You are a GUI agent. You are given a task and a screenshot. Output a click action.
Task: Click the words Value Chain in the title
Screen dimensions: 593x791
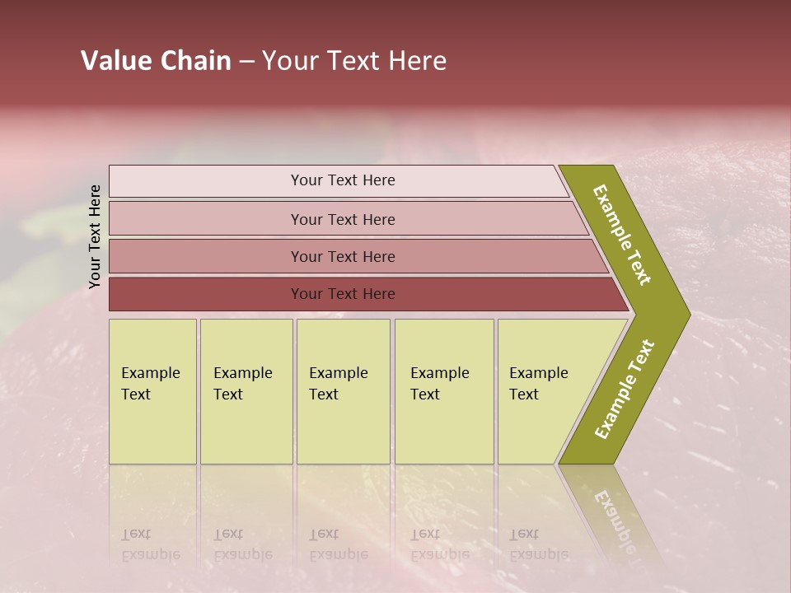point(156,61)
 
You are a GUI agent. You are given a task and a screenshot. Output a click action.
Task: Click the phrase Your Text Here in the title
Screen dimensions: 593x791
point(354,61)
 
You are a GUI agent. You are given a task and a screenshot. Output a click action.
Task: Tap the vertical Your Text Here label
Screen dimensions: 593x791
point(95,236)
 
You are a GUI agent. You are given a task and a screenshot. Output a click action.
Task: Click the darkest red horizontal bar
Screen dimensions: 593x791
point(206,294)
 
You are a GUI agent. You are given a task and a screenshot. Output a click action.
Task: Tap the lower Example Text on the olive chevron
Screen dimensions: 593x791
point(625,389)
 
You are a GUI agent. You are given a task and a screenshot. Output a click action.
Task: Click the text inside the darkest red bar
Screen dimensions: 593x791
point(343,294)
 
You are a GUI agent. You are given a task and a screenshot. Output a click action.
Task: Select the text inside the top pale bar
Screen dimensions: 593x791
point(343,180)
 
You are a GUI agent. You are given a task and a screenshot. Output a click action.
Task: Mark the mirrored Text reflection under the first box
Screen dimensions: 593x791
point(136,535)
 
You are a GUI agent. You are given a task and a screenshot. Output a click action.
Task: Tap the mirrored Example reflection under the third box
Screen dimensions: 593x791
point(338,554)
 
